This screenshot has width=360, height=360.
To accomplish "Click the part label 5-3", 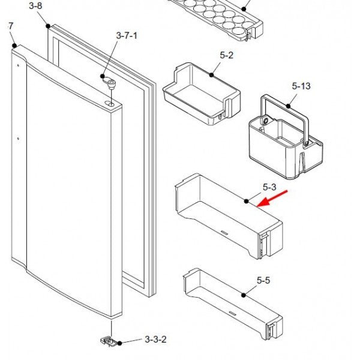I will (269, 188).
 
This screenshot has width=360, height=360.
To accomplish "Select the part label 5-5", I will (263, 280).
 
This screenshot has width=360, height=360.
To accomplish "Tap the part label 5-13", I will (301, 86).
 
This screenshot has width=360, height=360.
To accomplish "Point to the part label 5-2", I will (226, 55).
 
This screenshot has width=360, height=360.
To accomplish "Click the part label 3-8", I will (36, 6).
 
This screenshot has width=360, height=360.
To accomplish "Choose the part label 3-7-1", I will (127, 36).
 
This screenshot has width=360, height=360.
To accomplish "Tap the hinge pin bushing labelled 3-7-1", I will (110, 83).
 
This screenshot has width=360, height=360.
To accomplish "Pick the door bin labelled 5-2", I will (201, 96).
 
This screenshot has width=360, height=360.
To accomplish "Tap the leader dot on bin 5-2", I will (212, 75).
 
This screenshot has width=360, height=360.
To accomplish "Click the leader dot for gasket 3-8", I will (48, 26).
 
